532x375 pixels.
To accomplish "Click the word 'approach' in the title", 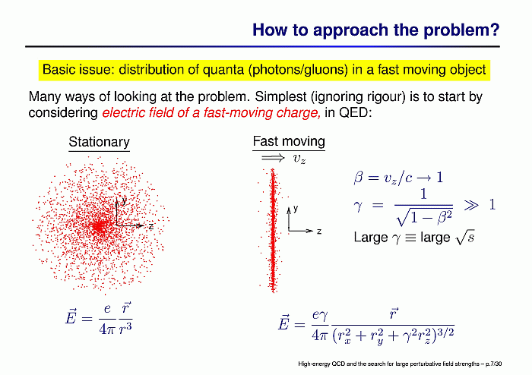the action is click(351, 30).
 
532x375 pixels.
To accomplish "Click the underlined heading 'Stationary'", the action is click(99, 142).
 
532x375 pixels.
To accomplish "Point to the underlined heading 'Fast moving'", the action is click(289, 141).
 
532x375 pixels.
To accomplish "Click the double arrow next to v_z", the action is click(273, 158).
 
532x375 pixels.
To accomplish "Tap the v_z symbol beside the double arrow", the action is click(299, 159).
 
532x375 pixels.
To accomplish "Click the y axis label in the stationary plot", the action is click(124, 200).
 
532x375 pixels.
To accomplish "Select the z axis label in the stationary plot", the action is click(151, 226).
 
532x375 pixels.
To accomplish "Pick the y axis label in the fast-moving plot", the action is click(296, 209).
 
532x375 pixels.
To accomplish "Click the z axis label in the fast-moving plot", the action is click(319, 232).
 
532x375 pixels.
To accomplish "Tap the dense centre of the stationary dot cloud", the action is click(99, 226).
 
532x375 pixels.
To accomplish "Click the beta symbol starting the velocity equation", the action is click(358, 178).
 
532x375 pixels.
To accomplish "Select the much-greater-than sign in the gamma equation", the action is click(471, 205).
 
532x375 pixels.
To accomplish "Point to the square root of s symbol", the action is click(465, 237).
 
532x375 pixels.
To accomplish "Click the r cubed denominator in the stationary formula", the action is click(125, 328).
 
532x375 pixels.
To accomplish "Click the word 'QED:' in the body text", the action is click(356, 113).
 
